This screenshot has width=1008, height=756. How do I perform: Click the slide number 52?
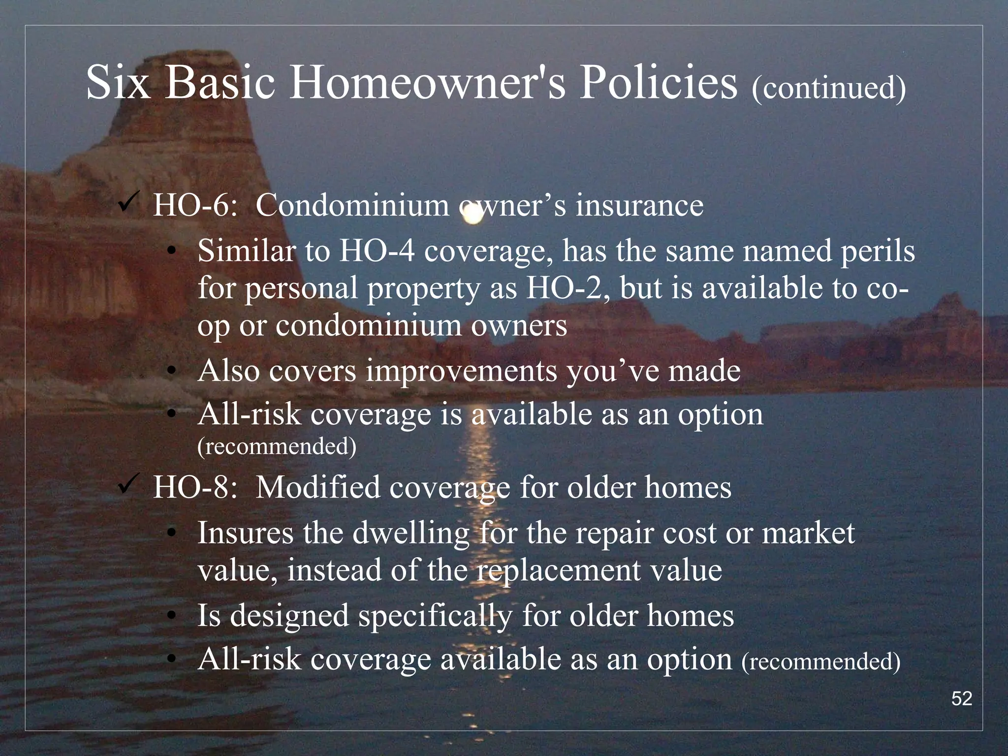[961, 698]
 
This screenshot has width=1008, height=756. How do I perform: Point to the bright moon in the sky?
[473, 215]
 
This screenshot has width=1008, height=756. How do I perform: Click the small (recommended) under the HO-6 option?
[277, 446]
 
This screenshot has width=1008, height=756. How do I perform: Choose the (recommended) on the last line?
[820, 661]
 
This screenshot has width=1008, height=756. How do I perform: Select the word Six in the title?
[118, 83]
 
